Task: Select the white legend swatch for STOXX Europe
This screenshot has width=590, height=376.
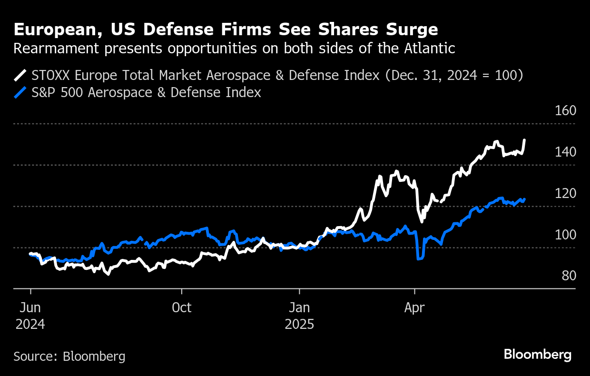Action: click(x=21, y=75)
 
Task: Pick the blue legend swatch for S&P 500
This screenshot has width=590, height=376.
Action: click(x=21, y=92)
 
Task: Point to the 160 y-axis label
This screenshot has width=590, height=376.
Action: click(x=566, y=110)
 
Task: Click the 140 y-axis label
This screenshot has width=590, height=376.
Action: click(x=566, y=152)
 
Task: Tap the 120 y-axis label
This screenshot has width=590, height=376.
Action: click(x=566, y=193)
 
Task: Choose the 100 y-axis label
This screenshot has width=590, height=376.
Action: click(x=566, y=235)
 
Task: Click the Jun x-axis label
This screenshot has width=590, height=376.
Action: click(x=30, y=308)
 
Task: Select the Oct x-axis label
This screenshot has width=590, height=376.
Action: click(x=182, y=308)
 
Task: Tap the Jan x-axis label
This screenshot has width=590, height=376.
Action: click(x=299, y=308)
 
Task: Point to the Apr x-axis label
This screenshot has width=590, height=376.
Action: click(x=415, y=308)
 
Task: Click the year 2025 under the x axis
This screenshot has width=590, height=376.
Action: click(x=299, y=325)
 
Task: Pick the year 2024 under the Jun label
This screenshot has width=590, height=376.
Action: click(x=30, y=325)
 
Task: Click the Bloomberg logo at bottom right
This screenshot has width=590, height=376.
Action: click(x=538, y=355)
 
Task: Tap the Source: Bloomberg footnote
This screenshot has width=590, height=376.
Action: click(x=69, y=356)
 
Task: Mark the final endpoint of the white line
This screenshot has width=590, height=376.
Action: click(x=524, y=140)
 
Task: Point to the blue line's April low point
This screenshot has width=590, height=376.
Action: click(x=418, y=259)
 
